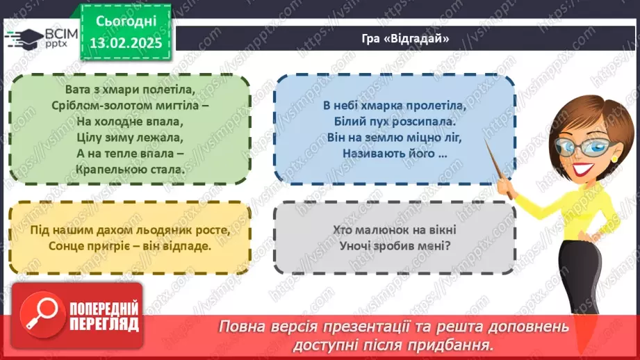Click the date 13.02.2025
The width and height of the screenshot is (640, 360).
click(x=125, y=42)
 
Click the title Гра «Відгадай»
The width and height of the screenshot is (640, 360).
click(x=406, y=39)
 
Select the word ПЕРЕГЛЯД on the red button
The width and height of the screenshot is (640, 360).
click(x=104, y=323)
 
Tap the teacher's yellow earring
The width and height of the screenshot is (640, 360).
click(x=614, y=158)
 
